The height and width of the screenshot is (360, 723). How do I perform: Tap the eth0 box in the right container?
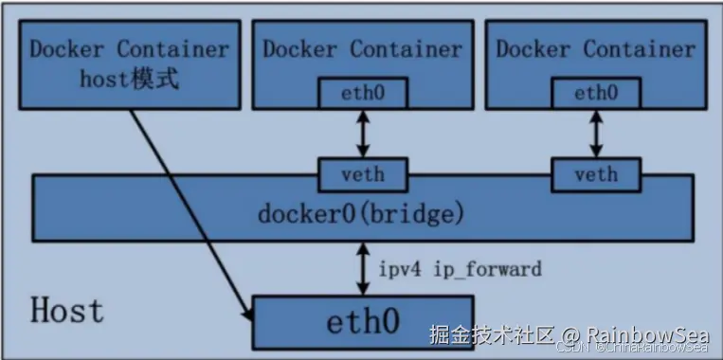coord(596,93)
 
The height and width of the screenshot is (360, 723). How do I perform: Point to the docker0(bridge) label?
coord(361,213)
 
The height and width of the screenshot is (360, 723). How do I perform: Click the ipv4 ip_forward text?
coord(461,269)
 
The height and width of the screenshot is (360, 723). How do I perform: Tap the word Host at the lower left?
coord(66,311)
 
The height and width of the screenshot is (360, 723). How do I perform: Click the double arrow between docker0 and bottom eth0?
coord(364,269)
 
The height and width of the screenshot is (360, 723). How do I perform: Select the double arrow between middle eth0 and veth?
coord(363,134)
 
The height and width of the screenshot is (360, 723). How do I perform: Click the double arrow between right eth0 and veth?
coord(596,134)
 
